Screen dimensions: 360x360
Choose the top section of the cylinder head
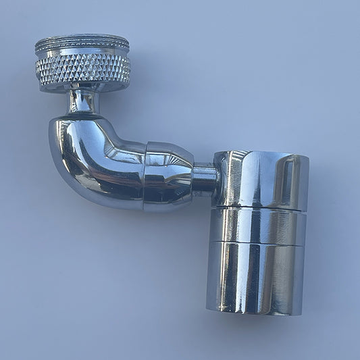260,179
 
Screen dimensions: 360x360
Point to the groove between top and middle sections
259,208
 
